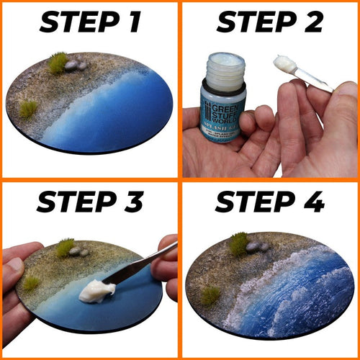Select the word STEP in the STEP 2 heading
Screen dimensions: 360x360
click(249, 23)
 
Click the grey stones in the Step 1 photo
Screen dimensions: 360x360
click(75, 65)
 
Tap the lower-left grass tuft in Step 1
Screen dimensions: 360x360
click(28, 109)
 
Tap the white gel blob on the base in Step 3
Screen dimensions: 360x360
click(99, 292)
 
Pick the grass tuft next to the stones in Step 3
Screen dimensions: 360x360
click(66, 248)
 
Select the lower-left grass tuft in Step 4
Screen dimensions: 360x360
click(210, 295)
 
